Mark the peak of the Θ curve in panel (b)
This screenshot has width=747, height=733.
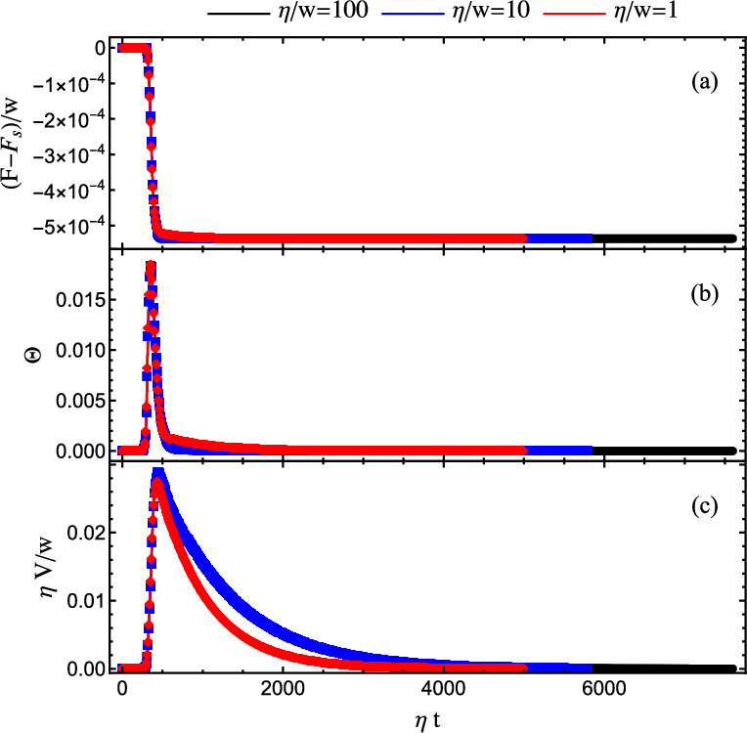click(151, 265)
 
